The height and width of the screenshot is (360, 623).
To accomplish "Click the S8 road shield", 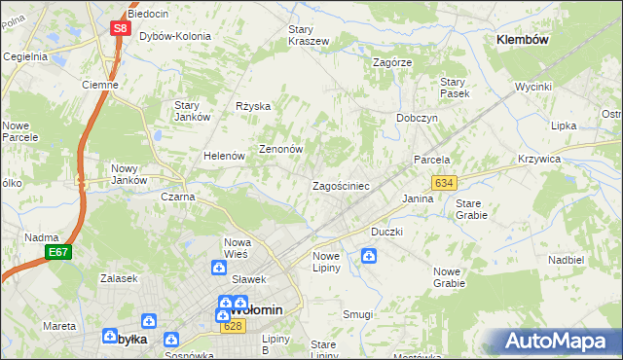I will click(120, 28).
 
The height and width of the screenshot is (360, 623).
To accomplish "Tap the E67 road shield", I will click(57, 252).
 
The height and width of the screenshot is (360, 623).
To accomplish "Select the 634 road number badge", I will click(444, 182).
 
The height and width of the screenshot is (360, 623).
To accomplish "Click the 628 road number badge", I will click(232, 326).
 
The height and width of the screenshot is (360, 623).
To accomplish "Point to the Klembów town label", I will click(523, 40).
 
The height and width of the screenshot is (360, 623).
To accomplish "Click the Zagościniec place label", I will click(340, 185).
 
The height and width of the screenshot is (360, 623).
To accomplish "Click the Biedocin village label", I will click(148, 14).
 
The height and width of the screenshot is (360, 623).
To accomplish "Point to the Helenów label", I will click(223, 156).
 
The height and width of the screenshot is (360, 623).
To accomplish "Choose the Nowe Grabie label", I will click(449, 277).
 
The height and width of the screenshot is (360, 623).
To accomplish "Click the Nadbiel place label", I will click(566, 261).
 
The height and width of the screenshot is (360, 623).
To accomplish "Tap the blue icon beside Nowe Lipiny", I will click(369, 256).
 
